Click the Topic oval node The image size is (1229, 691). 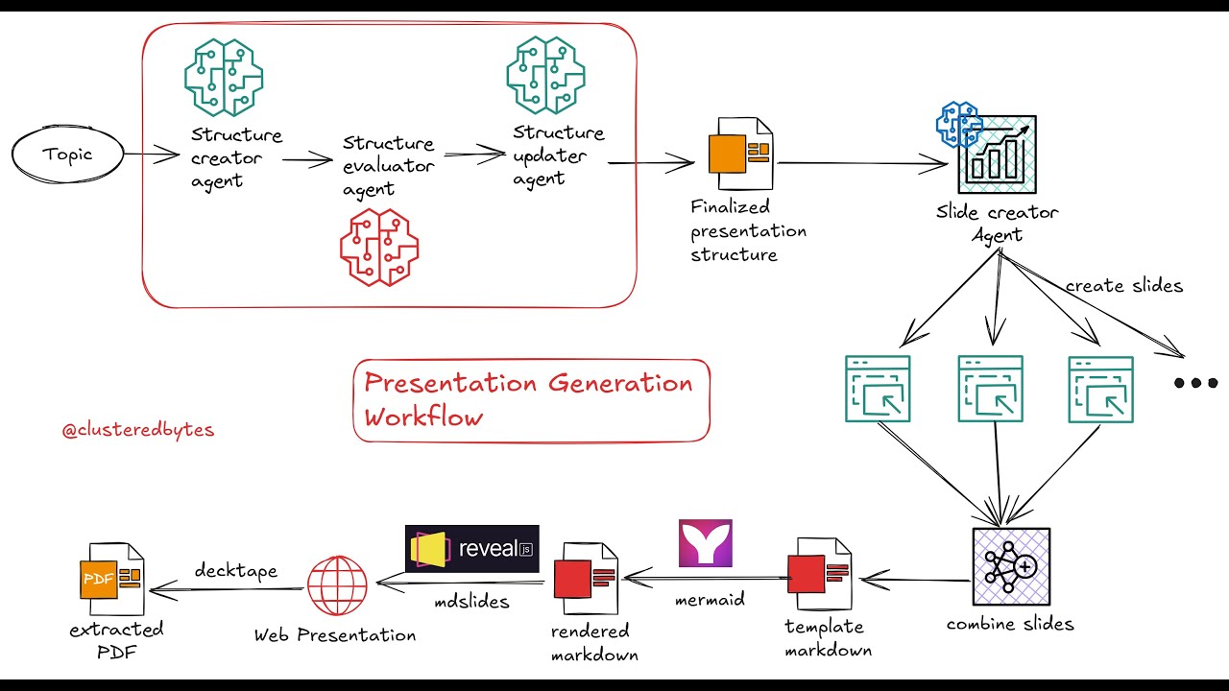coord(68,155)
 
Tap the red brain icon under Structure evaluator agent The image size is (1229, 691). coord(379,248)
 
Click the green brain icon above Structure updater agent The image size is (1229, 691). coord(545,76)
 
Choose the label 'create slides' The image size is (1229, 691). coord(1123,286)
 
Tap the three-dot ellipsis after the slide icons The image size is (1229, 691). coord(1195,383)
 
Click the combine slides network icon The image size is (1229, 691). coord(1010,566)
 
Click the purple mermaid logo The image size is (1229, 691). coord(705,543)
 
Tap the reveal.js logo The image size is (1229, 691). coord(471,549)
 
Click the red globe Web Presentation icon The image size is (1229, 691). coord(337,585)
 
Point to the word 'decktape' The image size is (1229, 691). coord(235,571)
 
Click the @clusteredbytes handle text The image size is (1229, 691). coord(138,431)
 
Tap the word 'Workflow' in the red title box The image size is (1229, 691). coord(422,417)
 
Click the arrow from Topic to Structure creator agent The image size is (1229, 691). coord(152,154)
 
